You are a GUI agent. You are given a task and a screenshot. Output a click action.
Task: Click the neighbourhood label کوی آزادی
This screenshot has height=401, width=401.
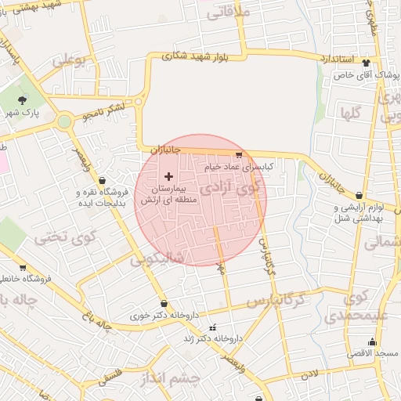pos(232,189)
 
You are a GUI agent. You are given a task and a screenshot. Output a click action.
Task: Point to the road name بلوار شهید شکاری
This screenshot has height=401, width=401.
pos(195,56)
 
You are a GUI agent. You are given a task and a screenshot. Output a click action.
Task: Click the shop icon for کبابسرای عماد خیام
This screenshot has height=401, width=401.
pos(238,155)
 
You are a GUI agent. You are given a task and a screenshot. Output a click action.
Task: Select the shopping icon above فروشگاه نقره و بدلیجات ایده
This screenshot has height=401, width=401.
pos(103,181)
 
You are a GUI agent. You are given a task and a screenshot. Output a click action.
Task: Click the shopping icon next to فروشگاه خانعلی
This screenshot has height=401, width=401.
pos(22,266)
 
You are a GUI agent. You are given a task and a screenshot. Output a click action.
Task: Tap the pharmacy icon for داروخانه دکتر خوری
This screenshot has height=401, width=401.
pos(163,304)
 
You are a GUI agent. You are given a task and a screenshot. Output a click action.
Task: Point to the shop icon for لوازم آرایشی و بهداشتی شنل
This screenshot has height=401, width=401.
pos(359,196)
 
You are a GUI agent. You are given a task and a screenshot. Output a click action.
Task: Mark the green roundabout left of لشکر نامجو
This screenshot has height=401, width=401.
pos(64,121)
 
